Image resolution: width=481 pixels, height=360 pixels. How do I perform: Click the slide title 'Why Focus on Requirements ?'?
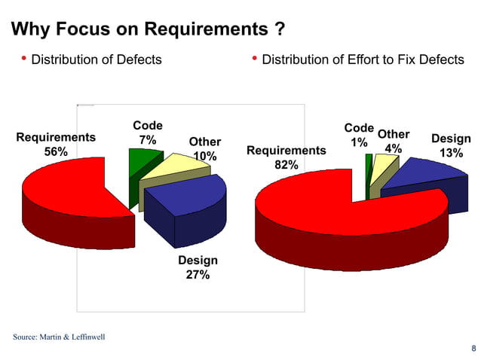tap(149, 30)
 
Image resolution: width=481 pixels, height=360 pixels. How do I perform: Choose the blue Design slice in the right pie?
tap(422, 177)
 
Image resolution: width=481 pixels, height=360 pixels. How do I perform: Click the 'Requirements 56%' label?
tap(56, 145)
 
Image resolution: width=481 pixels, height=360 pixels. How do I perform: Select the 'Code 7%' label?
tap(148, 133)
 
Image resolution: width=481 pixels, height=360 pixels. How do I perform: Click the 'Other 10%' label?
tap(204, 149)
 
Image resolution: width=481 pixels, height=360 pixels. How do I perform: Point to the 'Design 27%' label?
tap(198, 267)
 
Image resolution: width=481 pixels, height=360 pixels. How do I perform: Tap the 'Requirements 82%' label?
tap(286, 158)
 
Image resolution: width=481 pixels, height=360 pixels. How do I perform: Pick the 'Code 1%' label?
tap(359, 135)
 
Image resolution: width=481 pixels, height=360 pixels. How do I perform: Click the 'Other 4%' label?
tap(393, 142)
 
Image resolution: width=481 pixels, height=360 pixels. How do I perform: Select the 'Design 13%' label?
tap(451, 145)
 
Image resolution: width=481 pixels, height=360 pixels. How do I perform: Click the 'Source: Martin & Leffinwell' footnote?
tap(59, 336)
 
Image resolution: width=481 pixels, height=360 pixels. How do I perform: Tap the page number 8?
tap(473, 348)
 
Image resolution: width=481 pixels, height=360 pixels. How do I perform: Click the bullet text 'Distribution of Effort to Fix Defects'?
tap(363, 59)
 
